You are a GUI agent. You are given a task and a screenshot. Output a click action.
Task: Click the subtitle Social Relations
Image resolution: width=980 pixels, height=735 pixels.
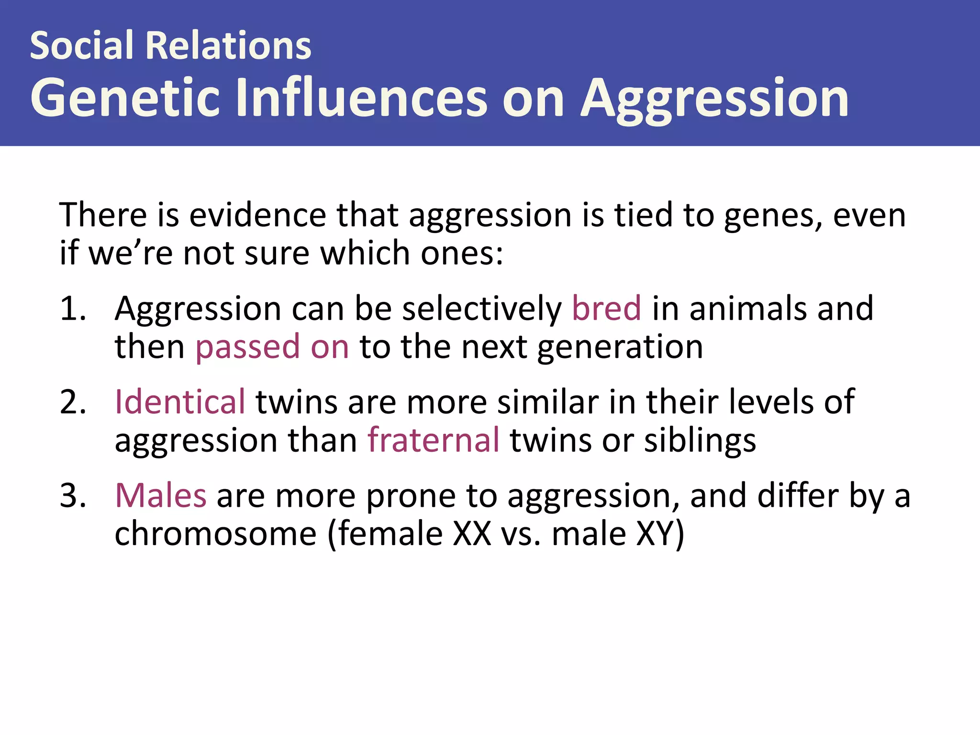click(x=170, y=45)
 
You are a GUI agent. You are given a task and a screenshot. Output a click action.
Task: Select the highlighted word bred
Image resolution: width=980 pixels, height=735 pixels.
click(x=606, y=309)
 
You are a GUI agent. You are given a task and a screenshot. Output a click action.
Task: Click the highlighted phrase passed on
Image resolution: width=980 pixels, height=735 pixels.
click(x=272, y=347)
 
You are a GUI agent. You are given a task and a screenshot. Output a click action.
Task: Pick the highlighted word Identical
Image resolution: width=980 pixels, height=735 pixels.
click(x=180, y=402)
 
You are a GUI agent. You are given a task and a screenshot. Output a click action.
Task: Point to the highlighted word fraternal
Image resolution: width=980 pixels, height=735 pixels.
click(x=434, y=440)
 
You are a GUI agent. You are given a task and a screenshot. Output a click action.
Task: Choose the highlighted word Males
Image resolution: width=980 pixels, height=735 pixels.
click(x=161, y=496)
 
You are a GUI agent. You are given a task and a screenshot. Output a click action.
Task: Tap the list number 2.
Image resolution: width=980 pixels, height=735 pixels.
click(x=73, y=402)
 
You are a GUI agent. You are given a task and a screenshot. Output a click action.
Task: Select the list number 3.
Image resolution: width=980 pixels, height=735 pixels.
click(x=73, y=496)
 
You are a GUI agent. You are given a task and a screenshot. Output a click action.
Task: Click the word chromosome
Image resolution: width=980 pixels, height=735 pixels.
click(x=215, y=534)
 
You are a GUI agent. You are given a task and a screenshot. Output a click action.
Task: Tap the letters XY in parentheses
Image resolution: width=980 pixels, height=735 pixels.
click(x=655, y=534)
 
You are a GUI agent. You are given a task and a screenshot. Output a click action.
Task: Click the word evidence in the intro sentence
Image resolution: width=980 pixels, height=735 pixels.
click(x=257, y=215)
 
